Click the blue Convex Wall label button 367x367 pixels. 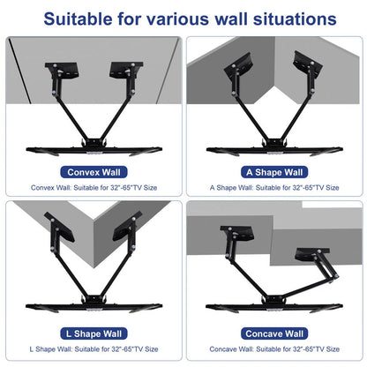click(x=90, y=172)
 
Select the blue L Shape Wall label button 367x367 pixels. click(x=90, y=333)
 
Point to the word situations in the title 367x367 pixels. click(x=288, y=18)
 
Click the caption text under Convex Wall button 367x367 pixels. click(x=90, y=188)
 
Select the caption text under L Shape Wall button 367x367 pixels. click(x=90, y=350)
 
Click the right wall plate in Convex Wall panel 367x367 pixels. click(x=121, y=71)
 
